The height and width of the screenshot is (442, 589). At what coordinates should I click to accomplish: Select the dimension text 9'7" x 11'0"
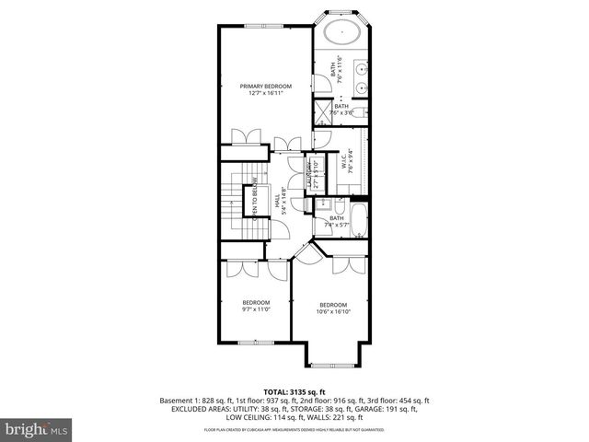[256, 310]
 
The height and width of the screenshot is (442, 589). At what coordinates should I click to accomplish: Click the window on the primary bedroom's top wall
[267, 26]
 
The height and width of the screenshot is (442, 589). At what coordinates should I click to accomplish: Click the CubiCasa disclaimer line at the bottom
[294, 428]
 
